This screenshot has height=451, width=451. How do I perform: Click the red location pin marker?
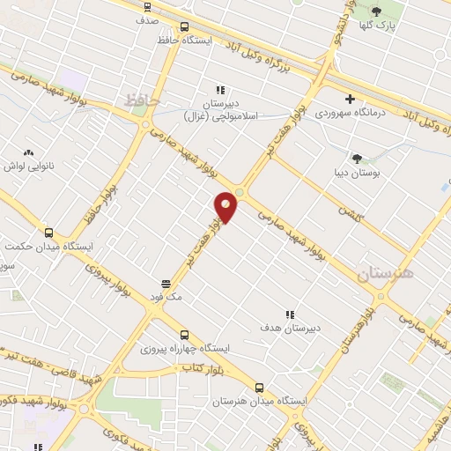click(226, 207)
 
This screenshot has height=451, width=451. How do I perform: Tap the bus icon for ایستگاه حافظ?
click(184, 26)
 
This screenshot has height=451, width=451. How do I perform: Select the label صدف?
click(147, 18)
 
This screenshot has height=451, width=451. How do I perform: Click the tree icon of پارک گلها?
click(377, 11)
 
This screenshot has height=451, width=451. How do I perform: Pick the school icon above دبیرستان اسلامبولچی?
click(220, 90)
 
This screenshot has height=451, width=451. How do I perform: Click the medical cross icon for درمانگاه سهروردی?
click(351, 99)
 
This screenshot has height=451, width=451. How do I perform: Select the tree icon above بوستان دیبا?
click(357, 159)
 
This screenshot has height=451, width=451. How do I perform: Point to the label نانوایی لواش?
click(30, 166)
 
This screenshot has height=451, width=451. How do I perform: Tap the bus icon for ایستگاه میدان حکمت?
click(48, 233)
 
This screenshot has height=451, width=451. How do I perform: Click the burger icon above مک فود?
click(166, 285)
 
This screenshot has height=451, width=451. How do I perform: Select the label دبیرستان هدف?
click(292, 329)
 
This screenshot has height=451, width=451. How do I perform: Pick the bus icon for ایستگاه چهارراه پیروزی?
click(184, 335)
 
